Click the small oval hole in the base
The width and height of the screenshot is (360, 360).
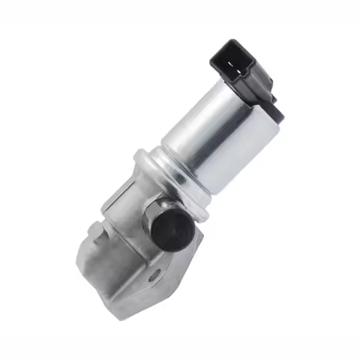click(153, 274)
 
